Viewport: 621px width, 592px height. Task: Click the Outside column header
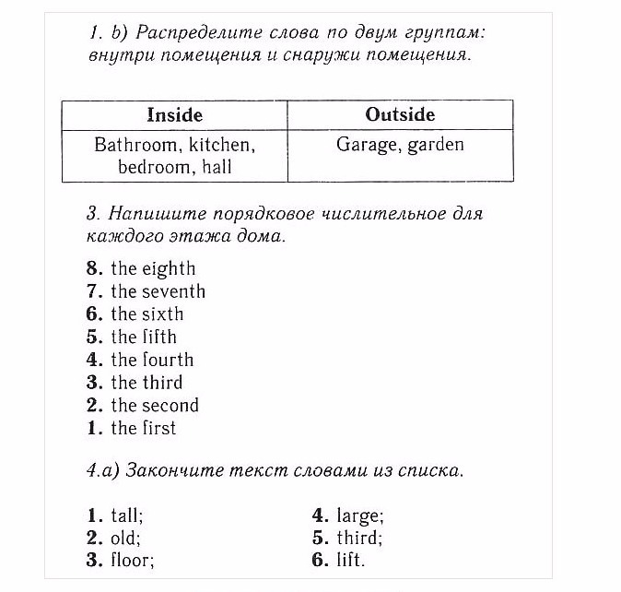400,115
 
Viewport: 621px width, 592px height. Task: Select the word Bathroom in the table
135,145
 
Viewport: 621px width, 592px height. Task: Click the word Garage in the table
365,145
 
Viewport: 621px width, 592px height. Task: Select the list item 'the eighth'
153,268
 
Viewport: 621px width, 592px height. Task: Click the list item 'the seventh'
158,291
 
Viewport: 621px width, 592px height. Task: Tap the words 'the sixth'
146,314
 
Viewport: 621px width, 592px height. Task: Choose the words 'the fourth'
152,360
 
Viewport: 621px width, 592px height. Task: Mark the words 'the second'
154,405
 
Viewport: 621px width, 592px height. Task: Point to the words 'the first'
143,428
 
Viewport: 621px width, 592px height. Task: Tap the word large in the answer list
359,515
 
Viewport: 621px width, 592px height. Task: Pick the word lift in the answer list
350,560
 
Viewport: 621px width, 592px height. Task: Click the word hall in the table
217,167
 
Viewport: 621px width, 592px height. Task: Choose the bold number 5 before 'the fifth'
93,337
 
